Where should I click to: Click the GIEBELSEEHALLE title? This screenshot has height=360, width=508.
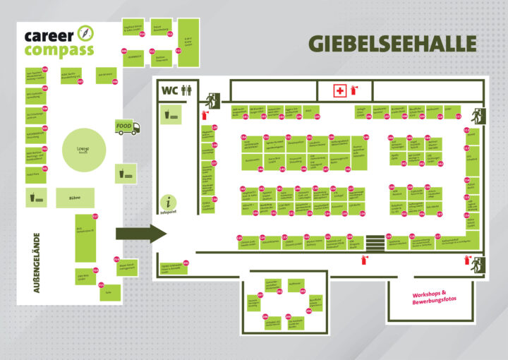pyautogui.click(x=392, y=43)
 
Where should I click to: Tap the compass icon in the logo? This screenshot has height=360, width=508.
pyautogui.click(x=85, y=32)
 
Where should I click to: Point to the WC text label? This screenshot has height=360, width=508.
pyautogui.click(x=169, y=90)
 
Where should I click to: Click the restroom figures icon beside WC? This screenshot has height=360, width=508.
pyautogui.click(x=186, y=90)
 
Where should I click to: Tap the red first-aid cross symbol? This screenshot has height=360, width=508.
pyautogui.click(x=340, y=90)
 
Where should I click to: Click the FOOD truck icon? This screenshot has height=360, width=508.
pyautogui.click(x=128, y=128)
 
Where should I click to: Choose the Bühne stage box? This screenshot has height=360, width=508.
pyautogui.click(x=74, y=198)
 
